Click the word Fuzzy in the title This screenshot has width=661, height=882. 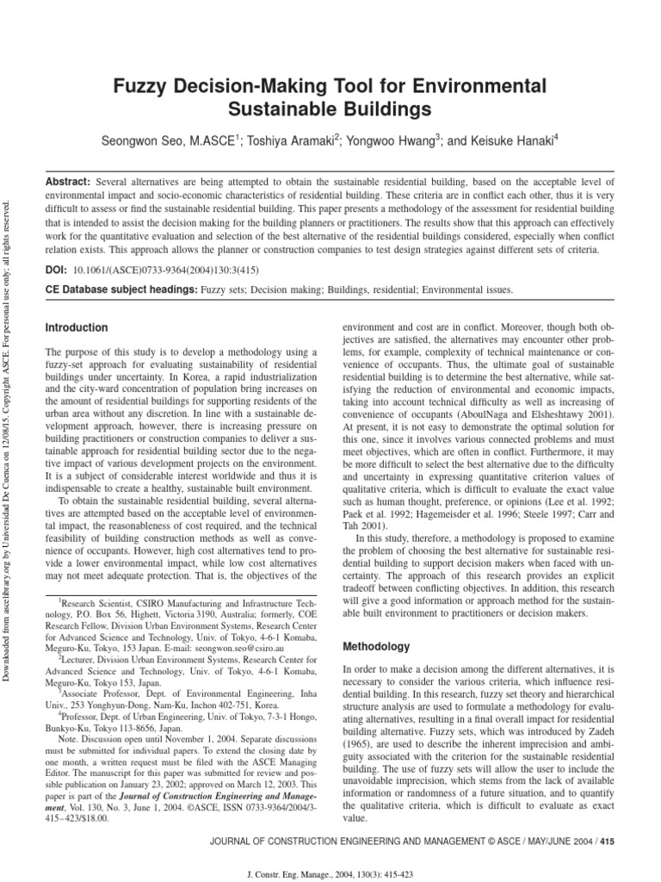tap(142, 85)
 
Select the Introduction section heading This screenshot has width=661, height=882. tap(77, 328)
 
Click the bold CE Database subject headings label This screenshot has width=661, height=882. tap(120, 290)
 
